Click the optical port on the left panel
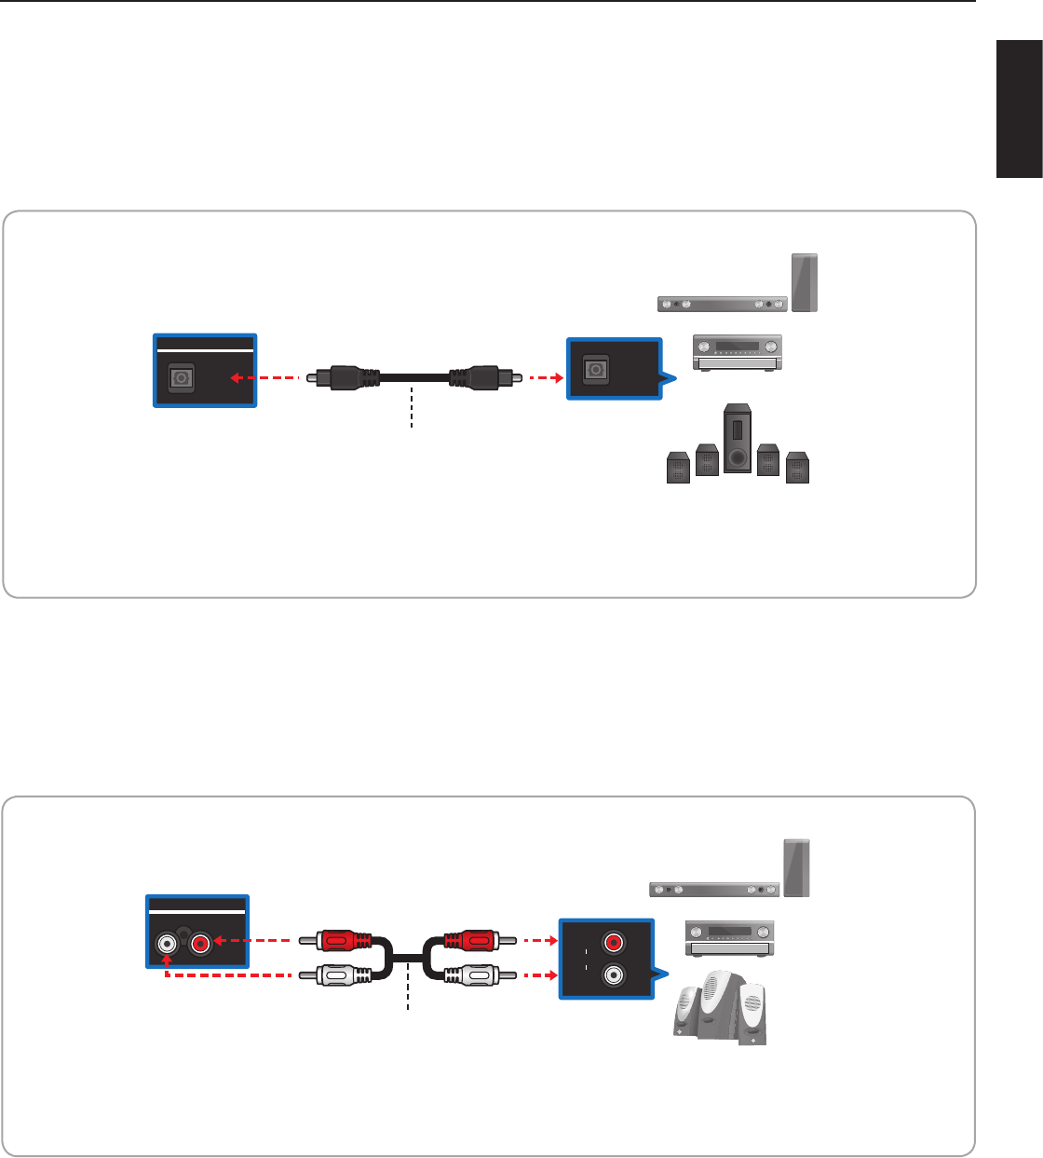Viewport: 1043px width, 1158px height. tap(181, 379)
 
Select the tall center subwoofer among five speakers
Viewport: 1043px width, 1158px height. tap(737, 438)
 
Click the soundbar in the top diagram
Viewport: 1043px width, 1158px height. tap(722, 303)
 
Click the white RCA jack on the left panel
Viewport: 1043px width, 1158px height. tap(167, 945)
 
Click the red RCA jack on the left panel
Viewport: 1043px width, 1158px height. tap(200, 945)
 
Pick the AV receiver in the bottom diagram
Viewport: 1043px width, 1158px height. tap(730, 937)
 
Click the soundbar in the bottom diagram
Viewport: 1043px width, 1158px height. tap(714, 890)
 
